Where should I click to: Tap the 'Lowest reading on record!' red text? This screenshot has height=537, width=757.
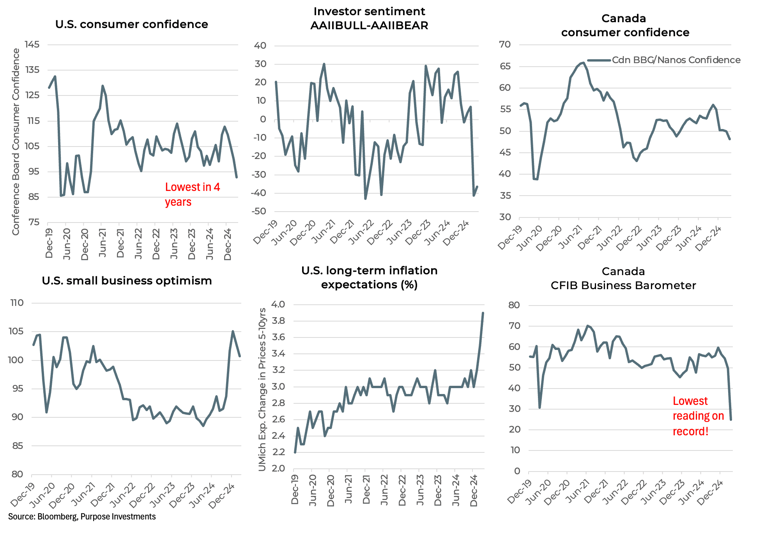698,416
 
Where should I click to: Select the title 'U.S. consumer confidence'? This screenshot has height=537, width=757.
131,24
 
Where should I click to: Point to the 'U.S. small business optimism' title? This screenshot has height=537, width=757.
127,281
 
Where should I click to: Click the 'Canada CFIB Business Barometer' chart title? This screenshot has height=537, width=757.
623,278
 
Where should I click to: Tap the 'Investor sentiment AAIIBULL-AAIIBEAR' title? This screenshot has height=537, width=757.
369,18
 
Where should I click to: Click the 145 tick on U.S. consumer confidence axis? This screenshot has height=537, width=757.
32,44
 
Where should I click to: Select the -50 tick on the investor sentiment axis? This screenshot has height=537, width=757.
260,211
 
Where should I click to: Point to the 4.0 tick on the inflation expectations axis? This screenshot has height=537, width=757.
278,304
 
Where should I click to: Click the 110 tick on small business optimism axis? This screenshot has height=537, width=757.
17,303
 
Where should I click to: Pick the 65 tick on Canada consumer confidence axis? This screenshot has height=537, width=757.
505,66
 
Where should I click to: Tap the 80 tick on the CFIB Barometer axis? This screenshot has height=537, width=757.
514,305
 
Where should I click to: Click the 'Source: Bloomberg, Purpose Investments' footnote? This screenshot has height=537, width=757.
82,516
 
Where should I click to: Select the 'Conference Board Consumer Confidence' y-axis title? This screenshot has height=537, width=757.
16,142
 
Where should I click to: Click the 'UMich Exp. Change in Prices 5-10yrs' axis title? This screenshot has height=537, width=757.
262,389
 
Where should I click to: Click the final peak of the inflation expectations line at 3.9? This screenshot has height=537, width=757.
483,313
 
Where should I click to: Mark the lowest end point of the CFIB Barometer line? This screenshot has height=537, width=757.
730,419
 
